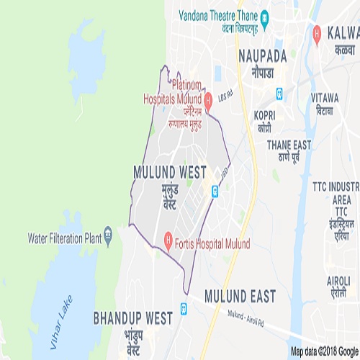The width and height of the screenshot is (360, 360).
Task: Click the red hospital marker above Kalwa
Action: (x=318, y=33)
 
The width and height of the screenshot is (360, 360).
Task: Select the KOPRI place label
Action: (x=266, y=114)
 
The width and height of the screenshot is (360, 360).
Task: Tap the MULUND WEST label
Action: (x=170, y=172)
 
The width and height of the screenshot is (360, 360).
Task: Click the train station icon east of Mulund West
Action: (x=214, y=191)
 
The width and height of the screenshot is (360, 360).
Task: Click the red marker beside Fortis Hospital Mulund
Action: (x=166, y=237)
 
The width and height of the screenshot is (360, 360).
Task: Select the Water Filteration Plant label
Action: (x=63, y=237)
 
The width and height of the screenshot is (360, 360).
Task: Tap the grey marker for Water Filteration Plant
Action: (x=108, y=234)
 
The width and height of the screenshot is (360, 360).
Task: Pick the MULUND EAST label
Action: (x=240, y=295)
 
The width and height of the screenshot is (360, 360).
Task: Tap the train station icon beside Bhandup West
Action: (x=183, y=308)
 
